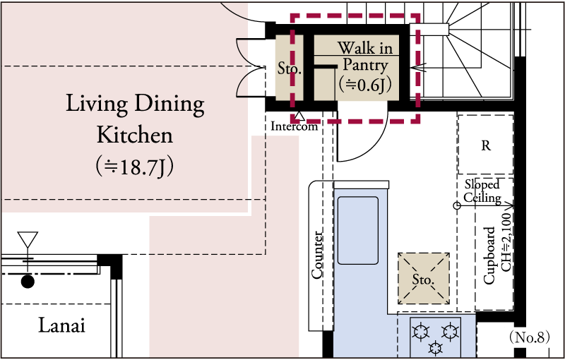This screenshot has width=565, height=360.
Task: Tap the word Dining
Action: (169, 104)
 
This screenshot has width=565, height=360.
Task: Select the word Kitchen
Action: (134, 133)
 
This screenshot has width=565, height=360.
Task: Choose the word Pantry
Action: (365, 66)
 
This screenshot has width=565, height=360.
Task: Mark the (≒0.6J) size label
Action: (365, 85)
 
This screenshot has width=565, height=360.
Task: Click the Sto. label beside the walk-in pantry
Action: (288, 70)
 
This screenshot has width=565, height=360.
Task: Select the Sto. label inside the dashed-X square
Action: (422, 279)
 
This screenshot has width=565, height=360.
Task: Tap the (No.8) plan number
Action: (530, 337)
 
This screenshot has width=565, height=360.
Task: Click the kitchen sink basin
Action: (358, 230)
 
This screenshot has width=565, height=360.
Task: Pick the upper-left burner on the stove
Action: (422, 330)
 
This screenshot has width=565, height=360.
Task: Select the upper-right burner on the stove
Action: (450, 330)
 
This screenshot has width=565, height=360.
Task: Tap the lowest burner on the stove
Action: (436, 347)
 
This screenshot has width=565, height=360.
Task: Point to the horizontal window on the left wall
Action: (48, 260)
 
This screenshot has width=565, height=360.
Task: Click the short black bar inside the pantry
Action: (326, 67)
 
